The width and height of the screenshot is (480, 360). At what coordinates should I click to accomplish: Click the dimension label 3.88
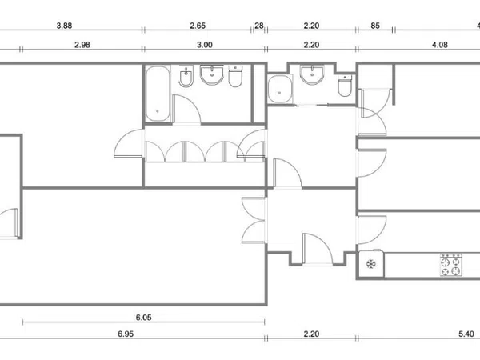64,26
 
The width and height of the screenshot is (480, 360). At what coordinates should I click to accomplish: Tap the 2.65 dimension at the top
198,26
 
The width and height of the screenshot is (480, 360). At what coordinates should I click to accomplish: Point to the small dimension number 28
259,26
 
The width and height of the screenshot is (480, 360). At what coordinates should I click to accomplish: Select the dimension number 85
375,26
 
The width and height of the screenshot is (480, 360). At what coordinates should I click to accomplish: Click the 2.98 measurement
82,45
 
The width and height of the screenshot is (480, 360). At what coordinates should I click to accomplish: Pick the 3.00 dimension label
204,45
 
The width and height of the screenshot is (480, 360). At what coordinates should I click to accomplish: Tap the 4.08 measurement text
439,45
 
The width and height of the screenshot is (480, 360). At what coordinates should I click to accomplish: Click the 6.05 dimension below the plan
143,318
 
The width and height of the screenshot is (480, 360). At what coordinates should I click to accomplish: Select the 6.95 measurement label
126,334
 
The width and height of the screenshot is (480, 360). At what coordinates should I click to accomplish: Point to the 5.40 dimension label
466,334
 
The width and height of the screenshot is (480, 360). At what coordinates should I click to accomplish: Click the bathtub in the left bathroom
158,94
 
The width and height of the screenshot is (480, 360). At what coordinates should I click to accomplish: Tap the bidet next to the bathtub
186,77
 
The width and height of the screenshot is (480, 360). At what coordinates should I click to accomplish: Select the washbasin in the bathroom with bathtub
212,74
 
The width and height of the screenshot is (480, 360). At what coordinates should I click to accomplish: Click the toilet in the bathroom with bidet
235,77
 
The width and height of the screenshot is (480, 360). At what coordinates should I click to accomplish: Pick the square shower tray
280,89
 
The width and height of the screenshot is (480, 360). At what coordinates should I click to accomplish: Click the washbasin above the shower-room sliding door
312,74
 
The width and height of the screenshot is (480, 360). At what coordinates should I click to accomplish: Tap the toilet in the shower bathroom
345,86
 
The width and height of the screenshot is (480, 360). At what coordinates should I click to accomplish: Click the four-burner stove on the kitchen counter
451,265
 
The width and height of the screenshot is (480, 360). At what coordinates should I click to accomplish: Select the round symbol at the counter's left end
371,264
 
